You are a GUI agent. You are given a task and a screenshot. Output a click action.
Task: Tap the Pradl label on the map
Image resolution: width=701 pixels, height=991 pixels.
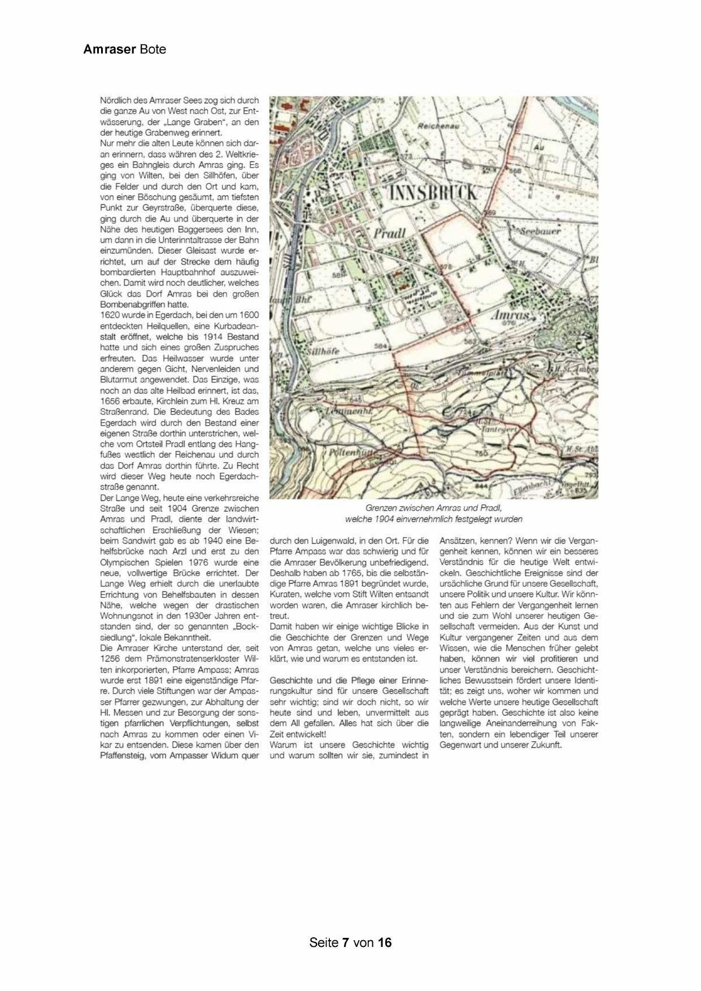click(389, 233)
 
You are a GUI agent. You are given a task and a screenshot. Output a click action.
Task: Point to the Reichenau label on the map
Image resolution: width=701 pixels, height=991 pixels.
click(438, 126)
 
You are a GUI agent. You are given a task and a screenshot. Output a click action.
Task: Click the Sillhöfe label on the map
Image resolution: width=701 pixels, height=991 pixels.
click(324, 351)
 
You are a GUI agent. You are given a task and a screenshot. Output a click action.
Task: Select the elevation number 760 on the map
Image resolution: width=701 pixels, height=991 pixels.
click(481, 453)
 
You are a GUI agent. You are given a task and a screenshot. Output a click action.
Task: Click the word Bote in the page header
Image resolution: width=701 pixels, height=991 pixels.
click(153, 49)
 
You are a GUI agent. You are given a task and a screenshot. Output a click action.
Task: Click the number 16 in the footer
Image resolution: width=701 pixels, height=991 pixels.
click(385, 942)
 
